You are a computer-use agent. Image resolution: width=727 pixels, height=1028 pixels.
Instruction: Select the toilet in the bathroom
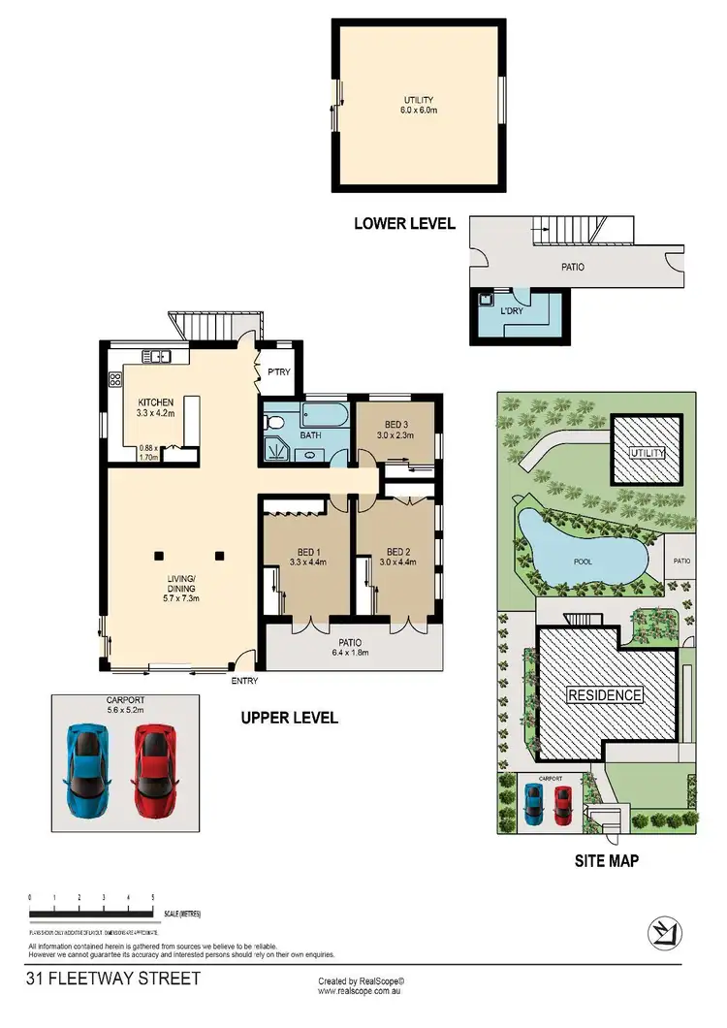pyautogui.click(x=273, y=423)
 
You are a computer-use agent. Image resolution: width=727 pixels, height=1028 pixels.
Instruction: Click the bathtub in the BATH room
pyautogui.click(x=324, y=416)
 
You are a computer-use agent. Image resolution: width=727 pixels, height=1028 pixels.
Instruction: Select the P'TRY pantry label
pyautogui.click(x=280, y=369)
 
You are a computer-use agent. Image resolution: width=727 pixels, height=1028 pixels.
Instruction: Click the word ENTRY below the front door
pyautogui.click(x=245, y=681)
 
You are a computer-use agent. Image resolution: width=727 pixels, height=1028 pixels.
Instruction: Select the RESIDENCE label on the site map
pyautogui.click(x=605, y=694)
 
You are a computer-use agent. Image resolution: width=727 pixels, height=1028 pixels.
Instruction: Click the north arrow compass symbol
pyautogui.click(x=664, y=933)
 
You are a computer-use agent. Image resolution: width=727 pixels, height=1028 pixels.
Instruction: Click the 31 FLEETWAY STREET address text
pyautogui.click(x=114, y=978)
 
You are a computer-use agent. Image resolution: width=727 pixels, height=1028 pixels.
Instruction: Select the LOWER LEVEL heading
pyautogui.click(x=404, y=223)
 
